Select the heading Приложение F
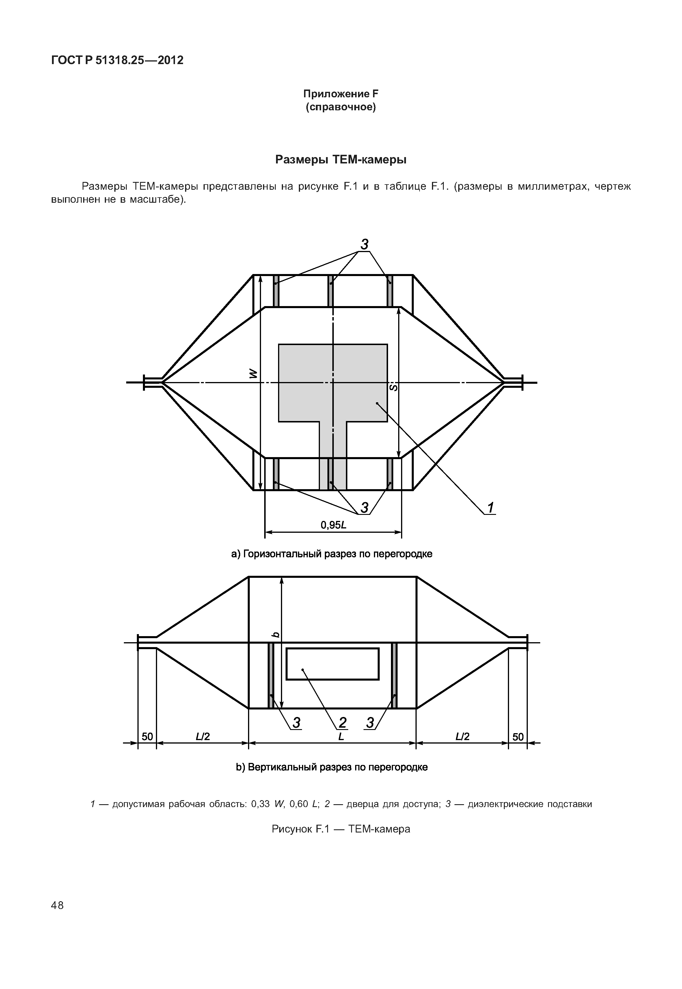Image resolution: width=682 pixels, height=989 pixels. click(341, 94)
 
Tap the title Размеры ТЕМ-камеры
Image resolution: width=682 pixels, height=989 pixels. click(341, 160)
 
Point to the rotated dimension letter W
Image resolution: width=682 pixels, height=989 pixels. click(254, 374)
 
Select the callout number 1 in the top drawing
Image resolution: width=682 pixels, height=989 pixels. click(491, 508)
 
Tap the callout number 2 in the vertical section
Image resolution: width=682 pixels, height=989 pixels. click(342, 722)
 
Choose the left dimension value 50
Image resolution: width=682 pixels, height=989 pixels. click(147, 736)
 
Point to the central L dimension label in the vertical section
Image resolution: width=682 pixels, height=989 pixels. click(341, 736)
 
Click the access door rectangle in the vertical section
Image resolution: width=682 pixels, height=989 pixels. click(332, 664)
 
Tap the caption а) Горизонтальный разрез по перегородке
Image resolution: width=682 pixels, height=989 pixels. click(331, 554)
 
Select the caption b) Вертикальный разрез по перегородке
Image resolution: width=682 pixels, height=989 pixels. click(331, 767)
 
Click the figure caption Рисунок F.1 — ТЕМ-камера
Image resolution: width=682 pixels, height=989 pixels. click(341, 829)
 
